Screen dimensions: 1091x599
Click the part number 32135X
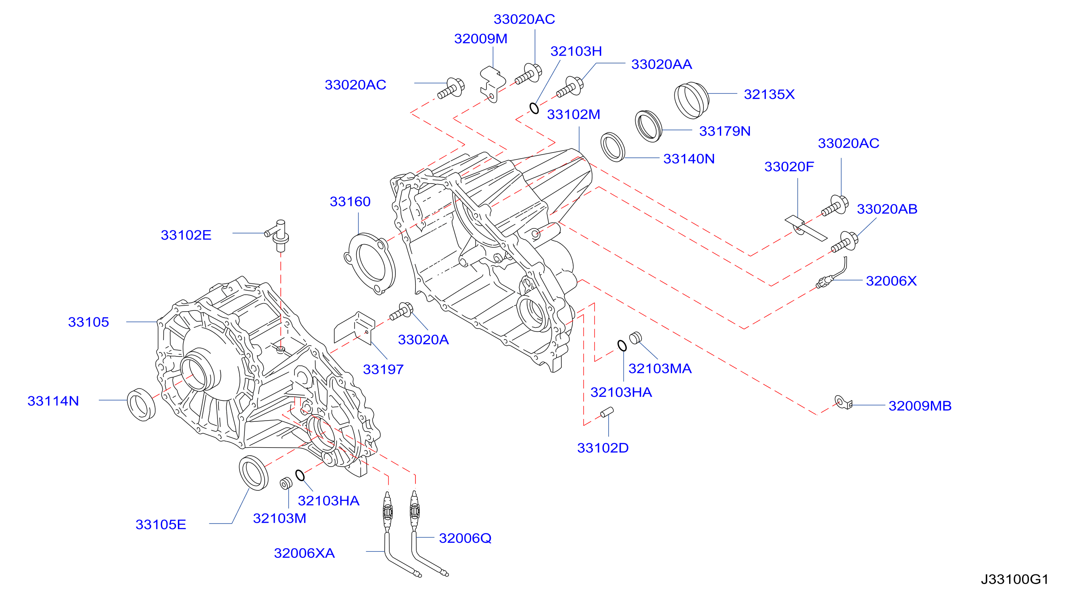(x=769, y=94)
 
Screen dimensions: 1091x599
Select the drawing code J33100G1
(x=1015, y=579)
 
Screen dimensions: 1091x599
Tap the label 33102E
(x=186, y=235)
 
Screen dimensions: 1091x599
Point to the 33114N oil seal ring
(x=142, y=404)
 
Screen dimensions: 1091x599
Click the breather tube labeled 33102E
(x=278, y=235)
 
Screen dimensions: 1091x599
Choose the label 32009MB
(x=920, y=406)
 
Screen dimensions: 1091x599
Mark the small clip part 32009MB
(x=843, y=402)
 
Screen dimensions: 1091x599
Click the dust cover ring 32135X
(x=691, y=101)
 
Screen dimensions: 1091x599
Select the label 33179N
(x=725, y=131)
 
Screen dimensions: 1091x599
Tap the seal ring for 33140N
(x=613, y=147)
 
